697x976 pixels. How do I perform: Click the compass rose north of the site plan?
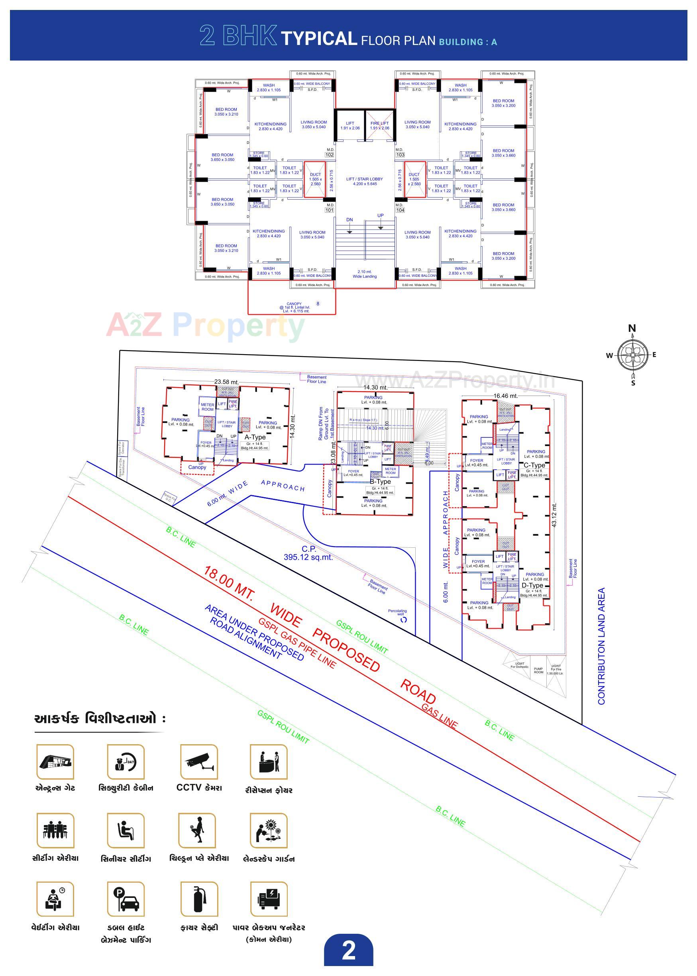[632, 355]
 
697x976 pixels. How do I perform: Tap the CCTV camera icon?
[199, 762]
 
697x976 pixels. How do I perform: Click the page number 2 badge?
[348, 950]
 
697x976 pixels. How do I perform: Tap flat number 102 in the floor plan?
[329, 155]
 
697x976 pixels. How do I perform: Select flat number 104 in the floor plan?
[400, 210]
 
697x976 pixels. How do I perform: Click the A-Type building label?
[255, 437]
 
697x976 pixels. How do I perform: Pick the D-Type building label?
[532, 585]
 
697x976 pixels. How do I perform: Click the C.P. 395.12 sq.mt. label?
[308, 553]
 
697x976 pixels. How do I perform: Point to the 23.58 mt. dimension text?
[226, 382]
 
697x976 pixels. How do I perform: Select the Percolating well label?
[397, 612]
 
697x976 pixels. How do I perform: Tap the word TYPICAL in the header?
[319, 39]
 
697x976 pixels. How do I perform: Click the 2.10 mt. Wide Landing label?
[364, 274]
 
